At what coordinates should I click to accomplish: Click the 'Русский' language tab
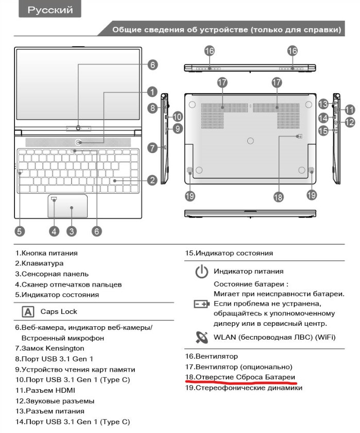50,10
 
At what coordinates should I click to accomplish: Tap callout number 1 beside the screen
151,91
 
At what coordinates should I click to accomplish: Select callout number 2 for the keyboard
151,180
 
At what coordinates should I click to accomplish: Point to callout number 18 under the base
278,196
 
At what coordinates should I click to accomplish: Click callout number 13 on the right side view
323,103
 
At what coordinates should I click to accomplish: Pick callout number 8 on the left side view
152,108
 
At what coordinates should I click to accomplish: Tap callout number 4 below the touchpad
55,231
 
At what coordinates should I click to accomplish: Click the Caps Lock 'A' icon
28,311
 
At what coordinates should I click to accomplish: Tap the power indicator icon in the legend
201,271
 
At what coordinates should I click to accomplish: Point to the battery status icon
201,304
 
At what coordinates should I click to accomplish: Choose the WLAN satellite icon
201,337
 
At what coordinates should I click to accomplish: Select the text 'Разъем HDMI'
49,390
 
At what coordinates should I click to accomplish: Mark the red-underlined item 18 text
240,377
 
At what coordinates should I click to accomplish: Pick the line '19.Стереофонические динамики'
244,388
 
